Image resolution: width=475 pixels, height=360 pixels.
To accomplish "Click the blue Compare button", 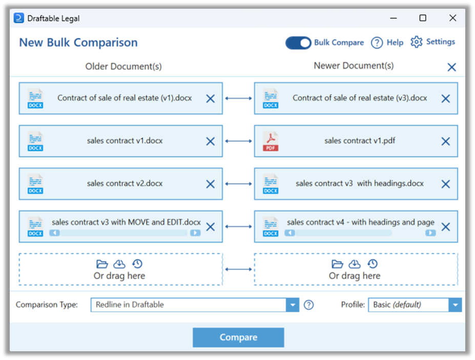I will pos(238,337).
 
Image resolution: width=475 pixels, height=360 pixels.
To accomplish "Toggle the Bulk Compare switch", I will pos(298,43).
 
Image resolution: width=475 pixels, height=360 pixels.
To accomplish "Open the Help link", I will pos(387,43).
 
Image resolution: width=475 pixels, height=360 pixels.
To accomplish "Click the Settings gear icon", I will pos(417,42).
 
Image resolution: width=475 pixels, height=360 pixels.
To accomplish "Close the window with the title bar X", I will pos(452,18).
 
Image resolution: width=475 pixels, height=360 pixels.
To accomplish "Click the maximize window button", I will pos(423,18).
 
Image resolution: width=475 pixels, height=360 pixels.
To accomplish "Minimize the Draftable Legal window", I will pos(393,18).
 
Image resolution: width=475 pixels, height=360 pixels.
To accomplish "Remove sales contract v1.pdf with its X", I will pos(445,142).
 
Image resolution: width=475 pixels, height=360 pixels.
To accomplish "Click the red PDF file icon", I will pos(271,141).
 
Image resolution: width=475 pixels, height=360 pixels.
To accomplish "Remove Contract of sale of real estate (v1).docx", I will pos(210,98).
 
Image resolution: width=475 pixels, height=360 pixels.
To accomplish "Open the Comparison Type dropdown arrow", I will pos(292,305).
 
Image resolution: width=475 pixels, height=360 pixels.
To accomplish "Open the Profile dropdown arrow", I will pos(455,305).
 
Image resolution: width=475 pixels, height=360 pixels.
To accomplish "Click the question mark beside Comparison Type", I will pos(308,305).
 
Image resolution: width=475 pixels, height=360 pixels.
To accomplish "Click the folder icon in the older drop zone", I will pos(102,264).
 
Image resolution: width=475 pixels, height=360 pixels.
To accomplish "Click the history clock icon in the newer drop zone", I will pos(373,264).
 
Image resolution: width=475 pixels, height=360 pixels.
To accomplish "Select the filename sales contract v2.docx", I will pos(125,183).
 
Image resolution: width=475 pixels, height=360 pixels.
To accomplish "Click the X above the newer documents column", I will pos(451,67).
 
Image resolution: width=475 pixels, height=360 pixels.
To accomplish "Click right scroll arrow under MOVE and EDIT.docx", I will pos(195,233).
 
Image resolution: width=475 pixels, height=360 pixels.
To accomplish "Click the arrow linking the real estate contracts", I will pos(238,98).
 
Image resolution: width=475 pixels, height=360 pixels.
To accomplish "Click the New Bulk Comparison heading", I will pos(78,43).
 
